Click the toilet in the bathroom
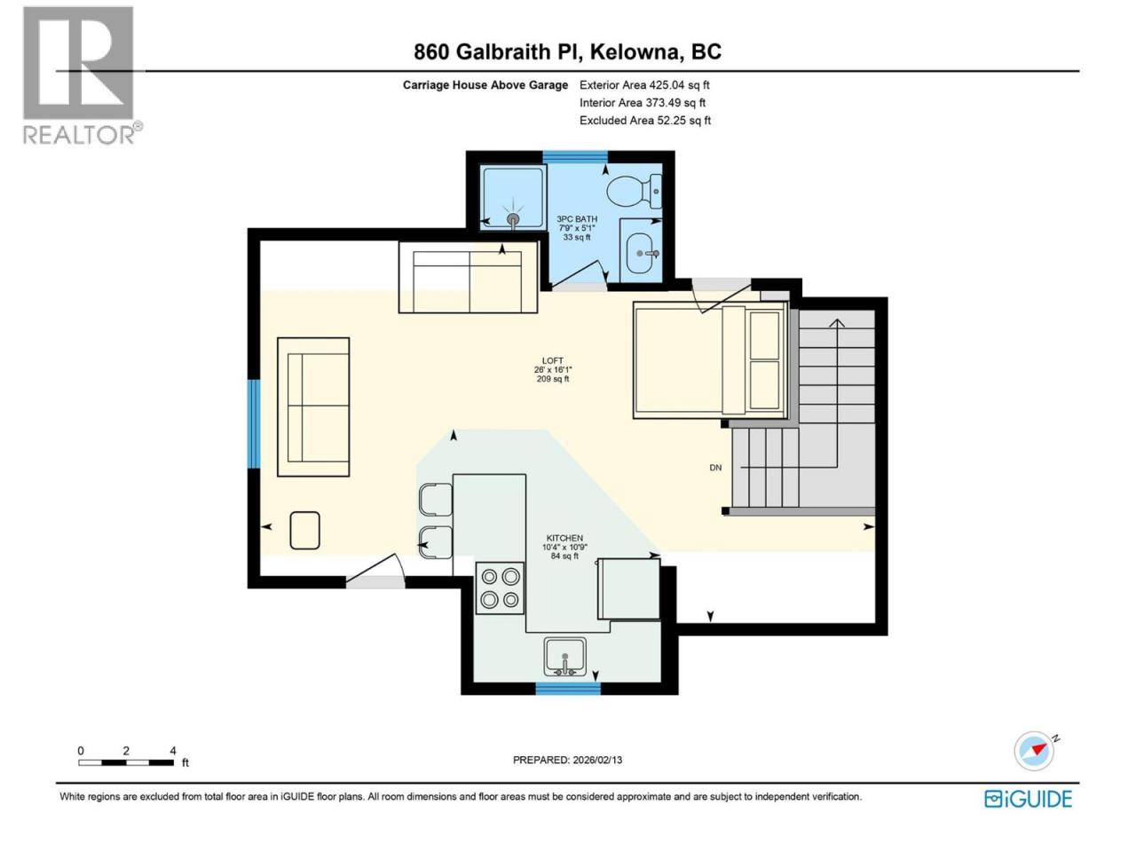(x=634, y=192)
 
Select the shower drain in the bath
(x=512, y=218)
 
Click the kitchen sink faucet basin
(x=564, y=657)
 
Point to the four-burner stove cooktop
(x=500, y=588)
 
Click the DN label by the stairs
(x=715, y=468)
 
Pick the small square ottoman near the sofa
(x=304, y=530)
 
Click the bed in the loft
(x=710, y=360)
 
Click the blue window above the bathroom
(x=574, y=156)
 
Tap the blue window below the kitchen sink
(x=568, y=689)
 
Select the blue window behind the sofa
(x=254, y=424)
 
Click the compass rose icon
(x=1035, y=751)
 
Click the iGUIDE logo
(x=1028, y=799)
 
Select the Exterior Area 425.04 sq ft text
(x=644, y=85)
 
